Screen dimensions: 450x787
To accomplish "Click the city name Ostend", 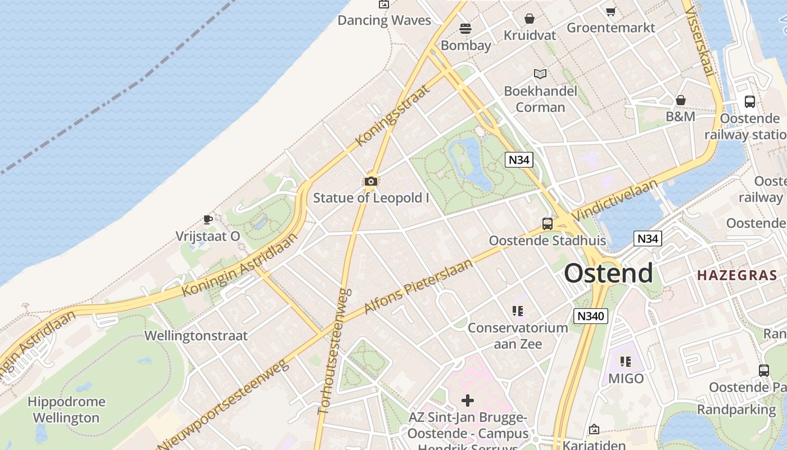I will click(x=608, y=274).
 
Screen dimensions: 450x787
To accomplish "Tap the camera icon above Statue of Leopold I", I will click(x=370, y=181).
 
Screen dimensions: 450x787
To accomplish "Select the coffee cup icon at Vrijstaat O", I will click(x=208, y=219).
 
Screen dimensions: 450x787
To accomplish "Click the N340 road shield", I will click(x=591, y=316).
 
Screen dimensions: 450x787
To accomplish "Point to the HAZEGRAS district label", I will click(x=737, y=276).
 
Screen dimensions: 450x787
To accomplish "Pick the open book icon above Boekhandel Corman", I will click(x=540, y=74).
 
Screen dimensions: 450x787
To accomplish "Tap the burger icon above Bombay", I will click(x=465, y=28).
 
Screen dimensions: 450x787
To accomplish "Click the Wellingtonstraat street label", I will click(x=196, y=336).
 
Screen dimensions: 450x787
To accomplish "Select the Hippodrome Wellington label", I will click(x=66, y=409).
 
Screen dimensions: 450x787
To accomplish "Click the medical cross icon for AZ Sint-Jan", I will click(x=468, y=400).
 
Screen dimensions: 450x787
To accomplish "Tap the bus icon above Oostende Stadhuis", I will click(x=547, y=224).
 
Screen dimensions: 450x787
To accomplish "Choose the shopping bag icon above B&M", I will click(x=681, y=100).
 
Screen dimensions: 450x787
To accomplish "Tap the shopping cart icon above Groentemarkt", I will click(x=610, y=11).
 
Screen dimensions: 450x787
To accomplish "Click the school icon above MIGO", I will click(x=626, y=362).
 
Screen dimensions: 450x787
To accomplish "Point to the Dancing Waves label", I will click(x=384, y=21).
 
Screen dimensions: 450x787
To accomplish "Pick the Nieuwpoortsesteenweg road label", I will click(x=225, y=405).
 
